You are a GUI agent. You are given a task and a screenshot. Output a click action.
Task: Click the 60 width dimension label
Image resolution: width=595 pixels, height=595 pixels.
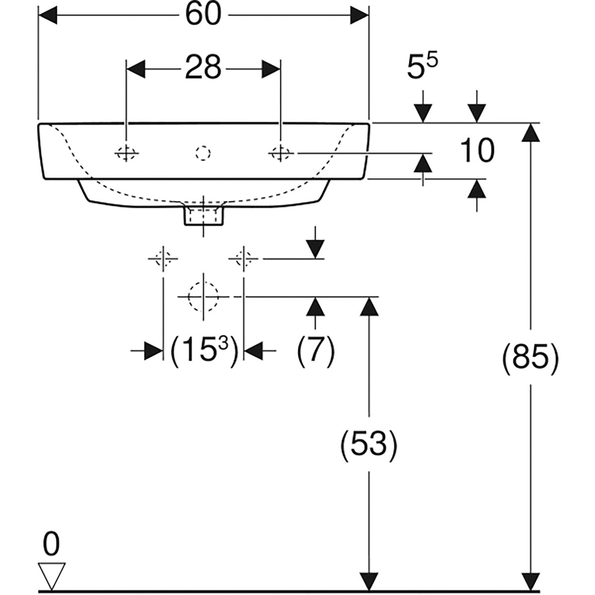203,15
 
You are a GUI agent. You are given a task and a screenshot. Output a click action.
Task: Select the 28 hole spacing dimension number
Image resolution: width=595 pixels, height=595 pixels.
203,67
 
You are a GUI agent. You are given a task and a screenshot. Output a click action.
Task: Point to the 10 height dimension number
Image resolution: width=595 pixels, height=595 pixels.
477,151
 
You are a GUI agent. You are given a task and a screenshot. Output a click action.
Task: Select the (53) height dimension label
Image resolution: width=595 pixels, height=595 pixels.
369,443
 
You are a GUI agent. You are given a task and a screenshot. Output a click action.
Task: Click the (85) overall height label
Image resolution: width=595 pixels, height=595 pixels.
530,357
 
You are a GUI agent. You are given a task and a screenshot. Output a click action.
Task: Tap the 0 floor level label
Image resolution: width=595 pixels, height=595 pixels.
51,545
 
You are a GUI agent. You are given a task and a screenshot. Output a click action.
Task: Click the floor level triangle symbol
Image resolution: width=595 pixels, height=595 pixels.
52,575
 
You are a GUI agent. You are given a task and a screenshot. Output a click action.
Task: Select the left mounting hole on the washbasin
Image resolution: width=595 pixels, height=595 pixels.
126,153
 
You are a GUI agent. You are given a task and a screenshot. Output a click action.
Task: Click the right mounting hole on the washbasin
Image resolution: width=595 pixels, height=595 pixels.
280,153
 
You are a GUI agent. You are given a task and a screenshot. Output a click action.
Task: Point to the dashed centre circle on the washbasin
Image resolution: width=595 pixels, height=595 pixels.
203,153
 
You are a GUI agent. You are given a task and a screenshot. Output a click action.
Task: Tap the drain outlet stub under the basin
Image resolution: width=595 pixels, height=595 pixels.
203,215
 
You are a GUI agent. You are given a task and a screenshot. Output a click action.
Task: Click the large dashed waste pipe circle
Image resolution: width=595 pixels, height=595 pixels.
203,297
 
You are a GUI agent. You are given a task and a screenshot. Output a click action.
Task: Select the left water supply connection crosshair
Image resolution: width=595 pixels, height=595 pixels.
163,259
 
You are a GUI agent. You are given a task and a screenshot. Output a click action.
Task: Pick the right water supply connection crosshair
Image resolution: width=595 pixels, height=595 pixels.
243,259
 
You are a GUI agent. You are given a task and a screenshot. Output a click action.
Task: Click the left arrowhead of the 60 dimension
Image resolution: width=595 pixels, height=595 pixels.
48,15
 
